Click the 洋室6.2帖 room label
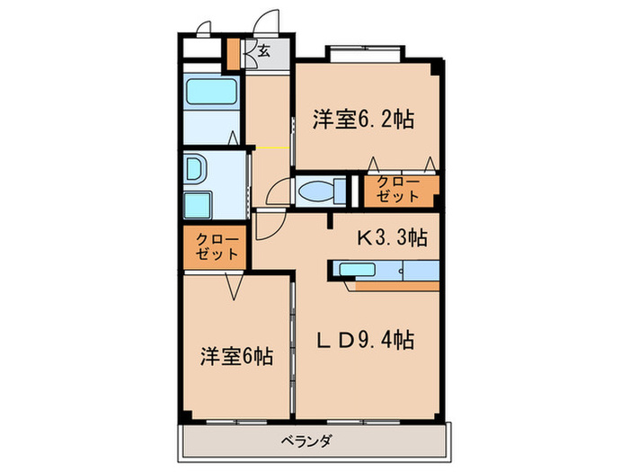click(x=363, y=119)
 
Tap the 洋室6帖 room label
click(x=236, y=356)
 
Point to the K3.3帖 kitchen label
click(x=393, y=238)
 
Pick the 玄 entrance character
click(x=264, y=51)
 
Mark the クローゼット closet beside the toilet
click(x=399, y=190)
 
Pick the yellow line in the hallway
click(x=270, y=147)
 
